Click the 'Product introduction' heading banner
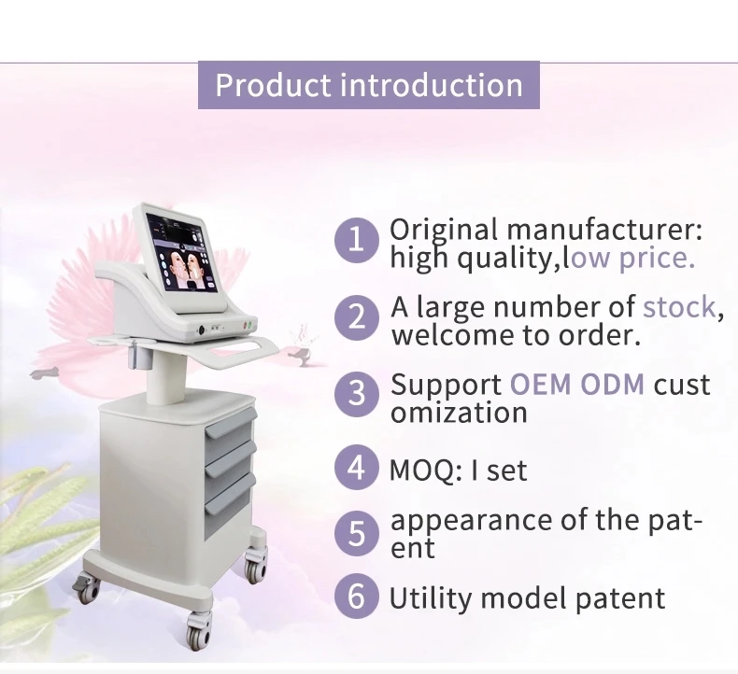(368, 85)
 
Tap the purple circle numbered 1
(357, 240)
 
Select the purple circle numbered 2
(357, 317)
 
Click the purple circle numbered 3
(357, 394)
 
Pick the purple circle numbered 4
(357, 467)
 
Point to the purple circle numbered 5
(357, 533)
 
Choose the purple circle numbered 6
(357, 595)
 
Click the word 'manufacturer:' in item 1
(604, 230)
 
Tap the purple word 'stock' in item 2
(680, 307)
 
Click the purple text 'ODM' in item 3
(612, 385)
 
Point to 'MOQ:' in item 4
(426, 470)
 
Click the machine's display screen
(181, 253)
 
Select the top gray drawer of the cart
(231, 422)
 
